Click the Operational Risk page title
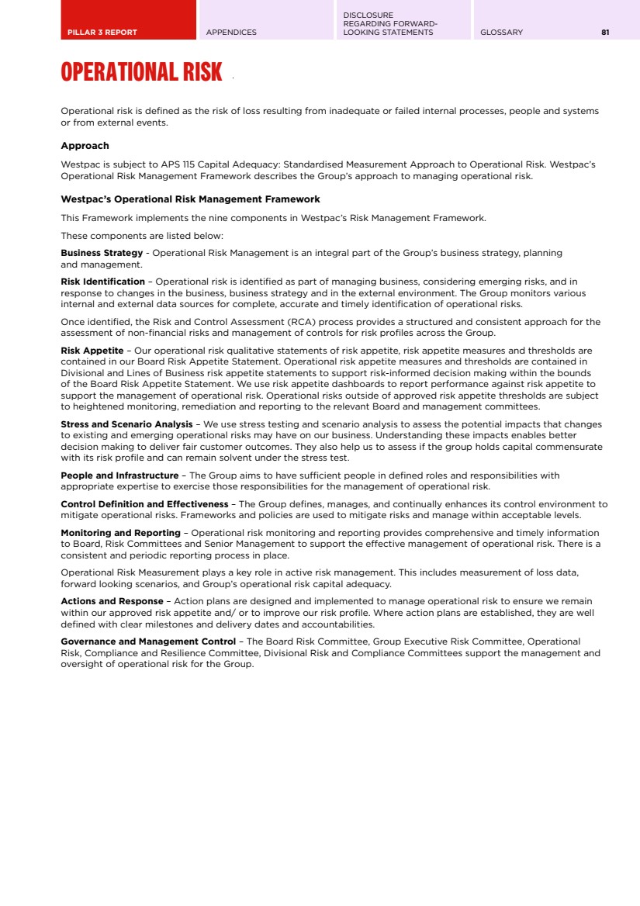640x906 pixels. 141,73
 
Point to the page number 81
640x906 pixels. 605,32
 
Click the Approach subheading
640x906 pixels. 85,146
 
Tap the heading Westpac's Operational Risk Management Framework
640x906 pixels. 190,199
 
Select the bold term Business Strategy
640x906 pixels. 102,253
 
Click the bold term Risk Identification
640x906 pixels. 102,281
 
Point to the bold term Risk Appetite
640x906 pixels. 92,350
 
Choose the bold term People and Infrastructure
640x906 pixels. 119,475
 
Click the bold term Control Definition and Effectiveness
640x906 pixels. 144,503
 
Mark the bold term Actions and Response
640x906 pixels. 112,600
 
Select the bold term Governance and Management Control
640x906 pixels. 148,641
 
